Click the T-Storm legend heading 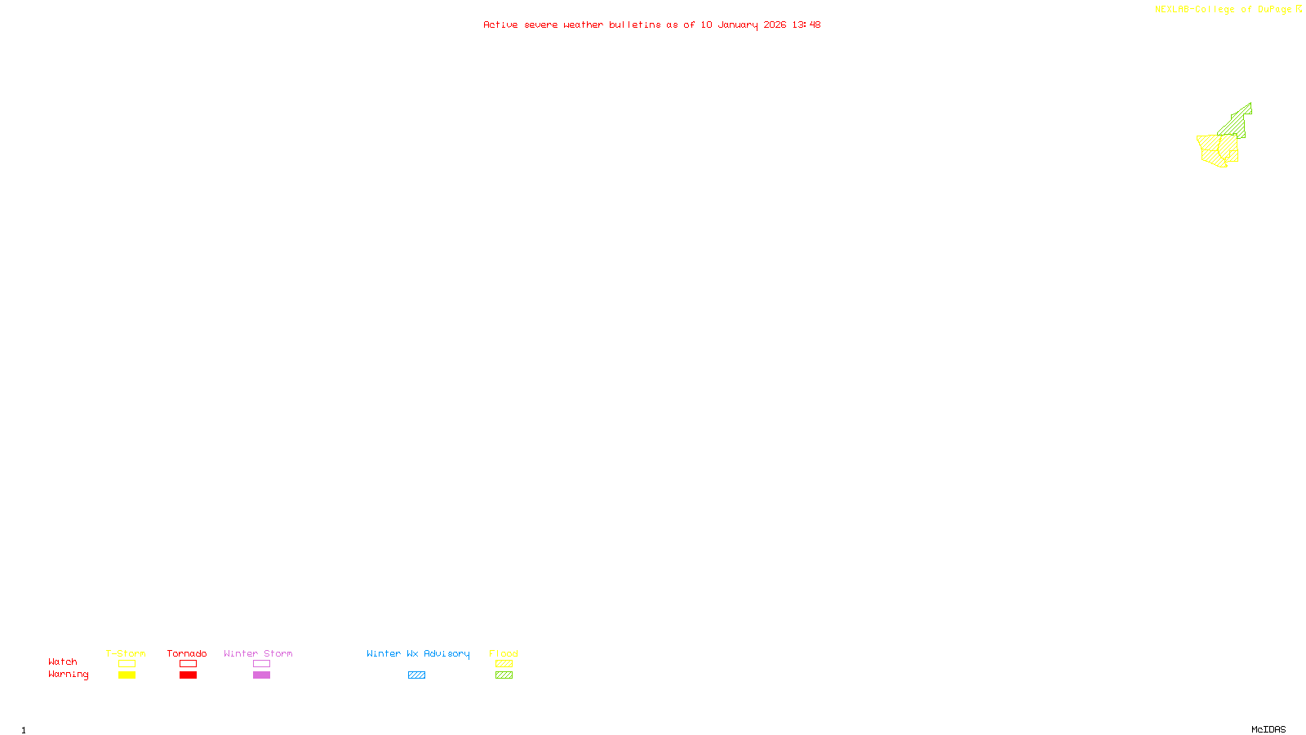126,653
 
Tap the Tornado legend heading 187,653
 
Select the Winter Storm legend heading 258,653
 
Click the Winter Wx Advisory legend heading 418,653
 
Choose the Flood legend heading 504,653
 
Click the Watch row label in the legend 63,662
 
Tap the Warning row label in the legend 69,675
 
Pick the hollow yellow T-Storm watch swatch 127,664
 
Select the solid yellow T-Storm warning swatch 127,675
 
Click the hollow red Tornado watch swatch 189,664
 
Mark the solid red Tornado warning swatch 189,675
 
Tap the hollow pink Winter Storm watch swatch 261,664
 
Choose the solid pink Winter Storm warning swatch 261,675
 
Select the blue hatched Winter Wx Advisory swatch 416,675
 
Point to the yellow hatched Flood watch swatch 504,664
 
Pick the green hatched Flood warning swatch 504,675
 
